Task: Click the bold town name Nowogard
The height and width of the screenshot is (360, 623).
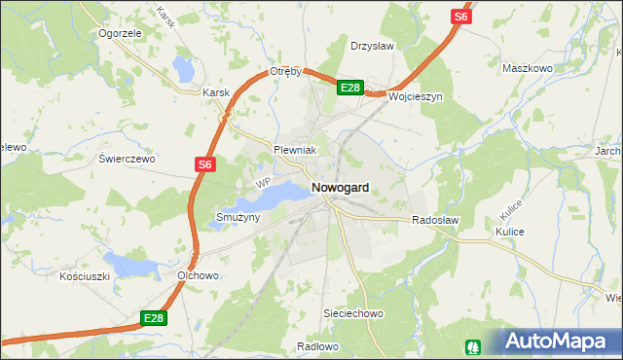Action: pos(340,187)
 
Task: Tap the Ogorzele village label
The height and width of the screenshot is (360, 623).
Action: pos(122,32)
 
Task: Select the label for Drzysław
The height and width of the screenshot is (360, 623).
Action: pos(372,45)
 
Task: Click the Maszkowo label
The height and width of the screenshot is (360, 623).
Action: pos(527,69)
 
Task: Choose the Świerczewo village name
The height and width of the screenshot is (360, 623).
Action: pos(128,158)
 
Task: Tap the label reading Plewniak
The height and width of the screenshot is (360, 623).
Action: pos(298,150)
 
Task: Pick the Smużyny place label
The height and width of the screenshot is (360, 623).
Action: pos(238,218)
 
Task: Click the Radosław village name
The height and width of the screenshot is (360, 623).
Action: pos(435,221)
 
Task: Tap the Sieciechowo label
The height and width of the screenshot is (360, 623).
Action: pos(354,314)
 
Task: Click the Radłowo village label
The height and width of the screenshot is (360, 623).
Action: pos(316,345)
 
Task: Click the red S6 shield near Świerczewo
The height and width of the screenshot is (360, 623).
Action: pos(203,165)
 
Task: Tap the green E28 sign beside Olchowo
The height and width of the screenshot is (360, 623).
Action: pos(154,317)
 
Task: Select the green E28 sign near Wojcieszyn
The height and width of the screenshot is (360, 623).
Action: pos(350,88)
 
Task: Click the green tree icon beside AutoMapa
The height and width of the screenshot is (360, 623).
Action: pos(475,344)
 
